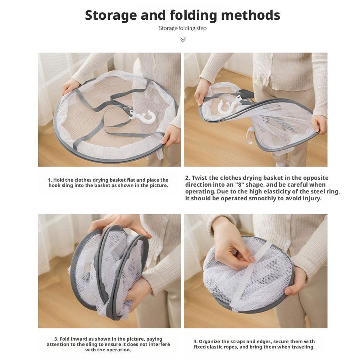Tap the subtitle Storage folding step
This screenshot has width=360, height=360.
coord(183,28)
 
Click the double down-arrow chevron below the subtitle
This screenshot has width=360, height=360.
coord(183,39)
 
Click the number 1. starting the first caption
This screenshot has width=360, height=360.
coord(50,180)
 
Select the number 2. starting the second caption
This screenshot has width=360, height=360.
coord(188,178)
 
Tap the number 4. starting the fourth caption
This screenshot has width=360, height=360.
coord(195,341)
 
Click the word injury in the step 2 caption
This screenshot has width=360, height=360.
coord(311,198)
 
